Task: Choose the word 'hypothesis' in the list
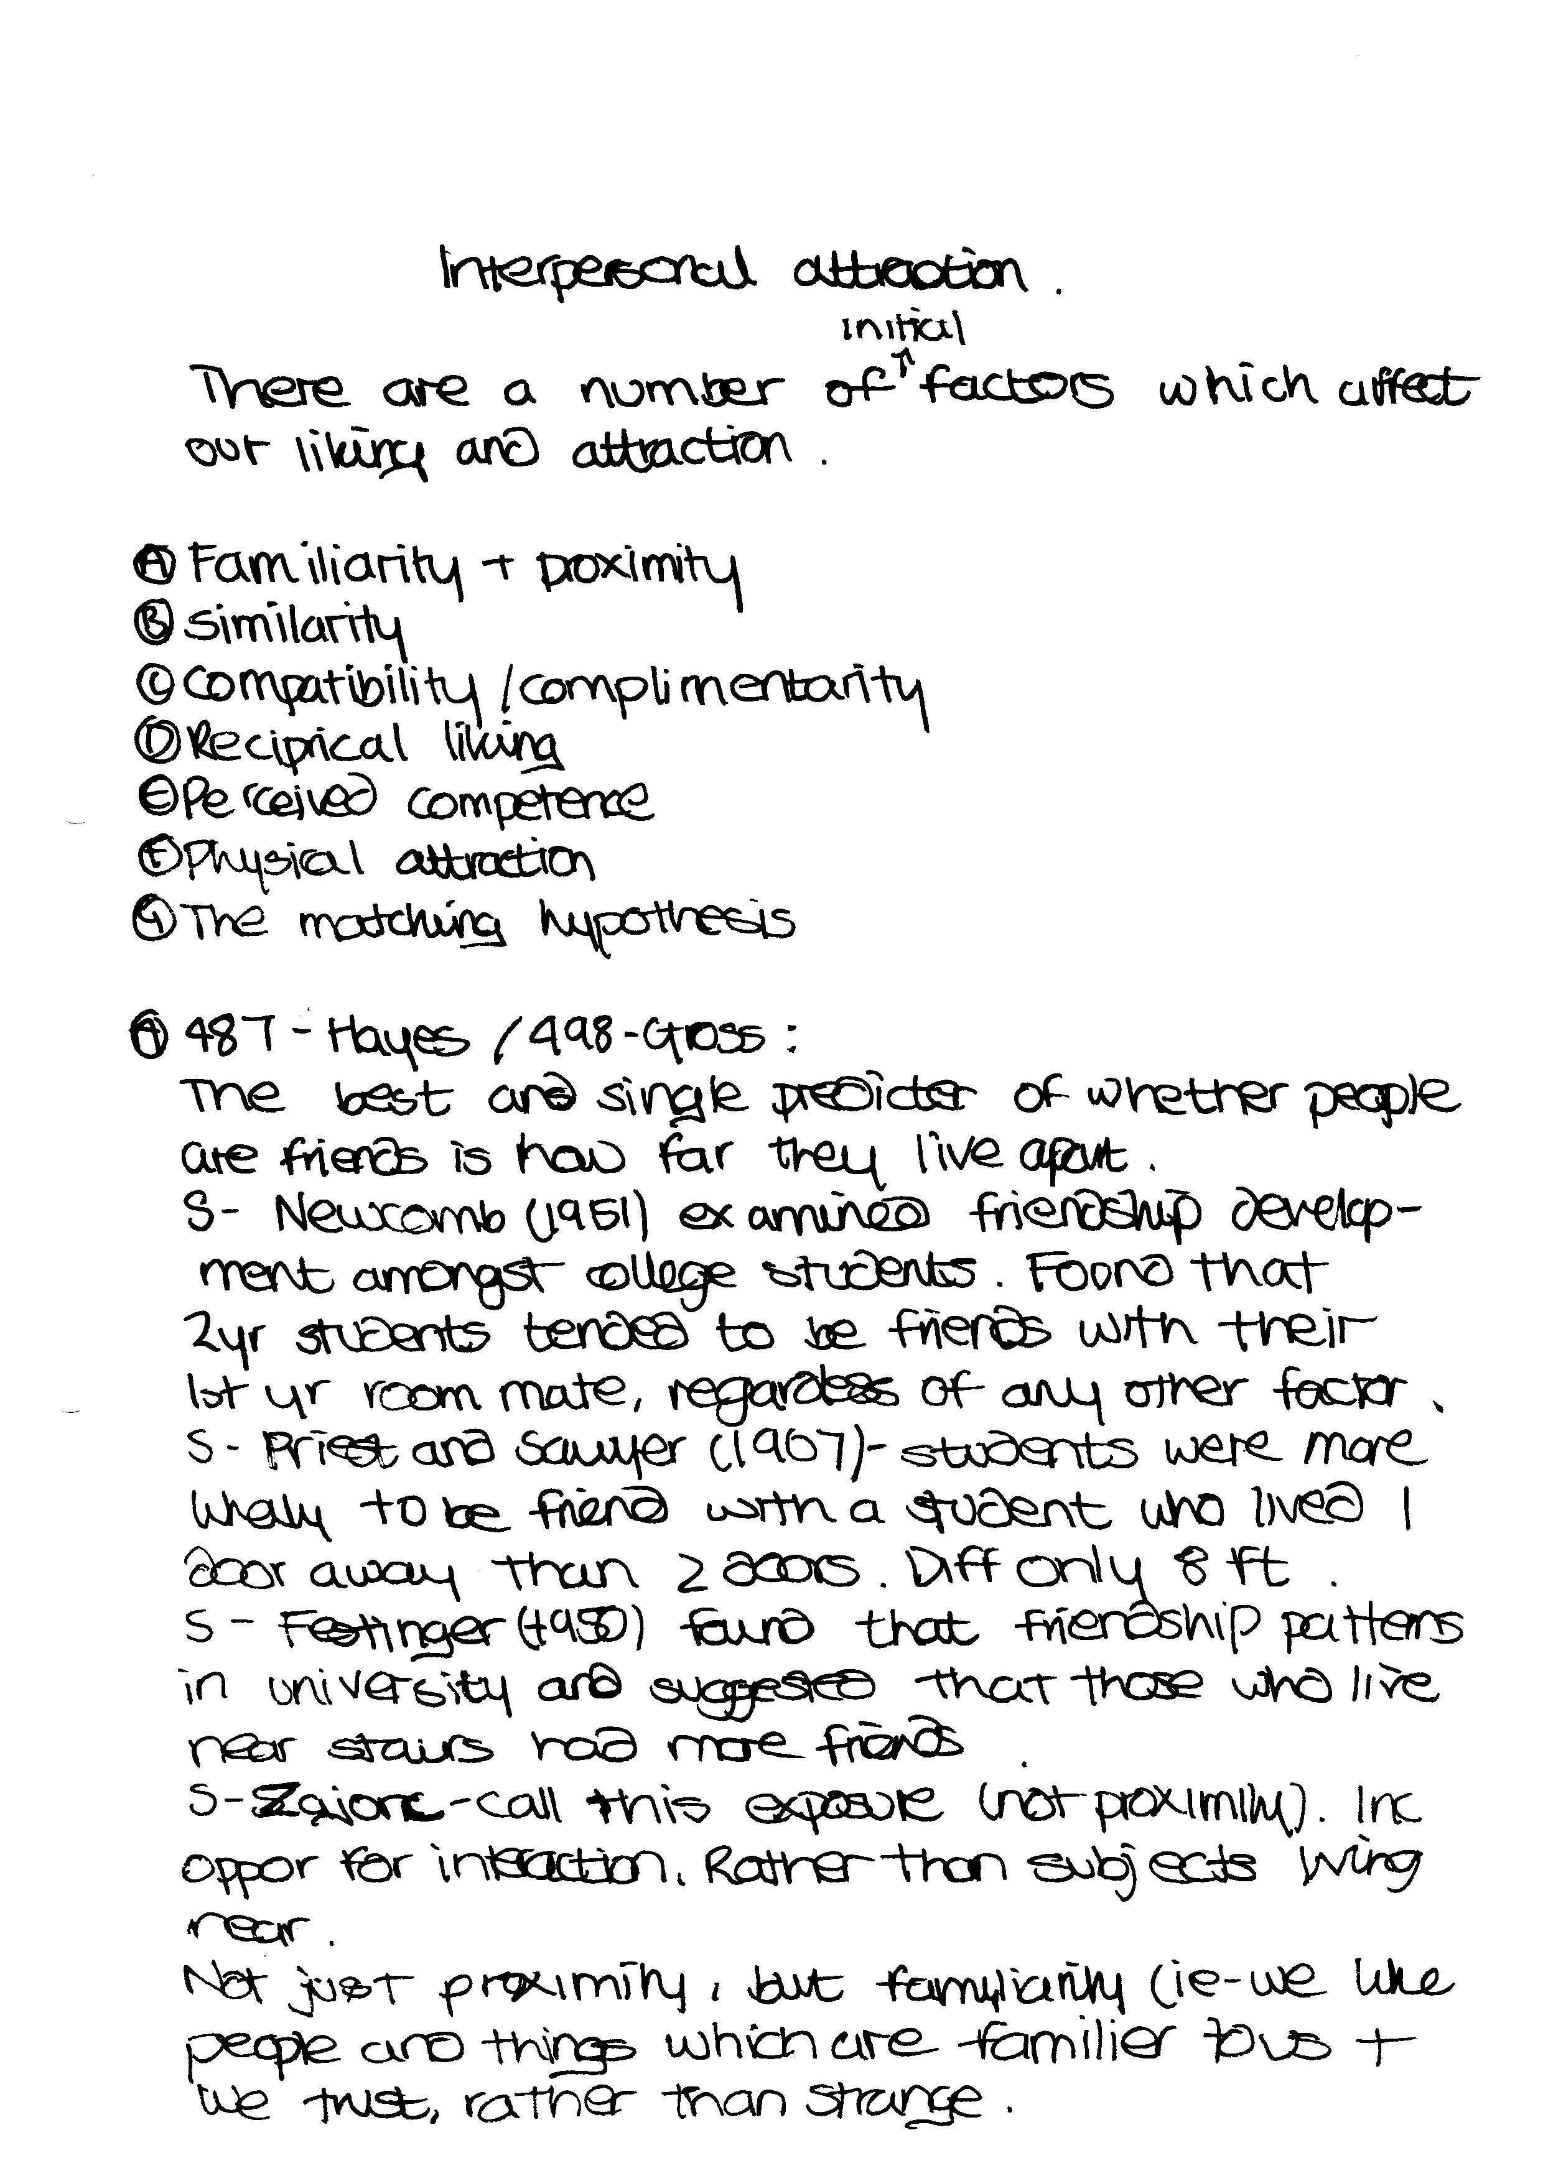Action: (666, 922)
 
